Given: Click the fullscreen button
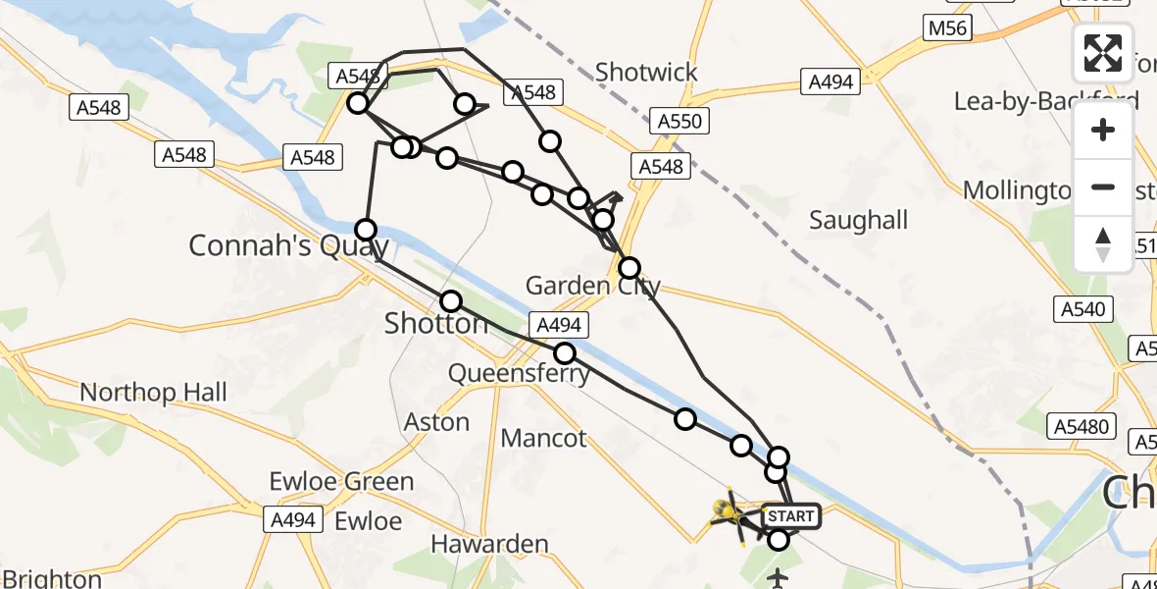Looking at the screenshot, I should (1103, 52).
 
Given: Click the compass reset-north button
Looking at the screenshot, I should (1103, 244).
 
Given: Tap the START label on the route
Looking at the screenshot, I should (789, 516).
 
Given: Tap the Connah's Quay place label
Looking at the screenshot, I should (289, 245).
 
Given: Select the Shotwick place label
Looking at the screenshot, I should (647, 72).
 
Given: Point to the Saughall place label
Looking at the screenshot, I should (859, 221).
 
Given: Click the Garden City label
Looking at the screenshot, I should (593, 286).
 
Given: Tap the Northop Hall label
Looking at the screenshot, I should (153, 393).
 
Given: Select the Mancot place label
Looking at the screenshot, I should (543, 438).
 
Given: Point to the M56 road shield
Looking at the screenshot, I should (947, 28).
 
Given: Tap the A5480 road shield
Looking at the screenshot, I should (1082, 426).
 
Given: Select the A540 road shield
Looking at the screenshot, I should (1083, 310).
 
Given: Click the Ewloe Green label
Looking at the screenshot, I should (342, 482).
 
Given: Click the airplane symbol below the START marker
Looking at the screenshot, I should (779, 578).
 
